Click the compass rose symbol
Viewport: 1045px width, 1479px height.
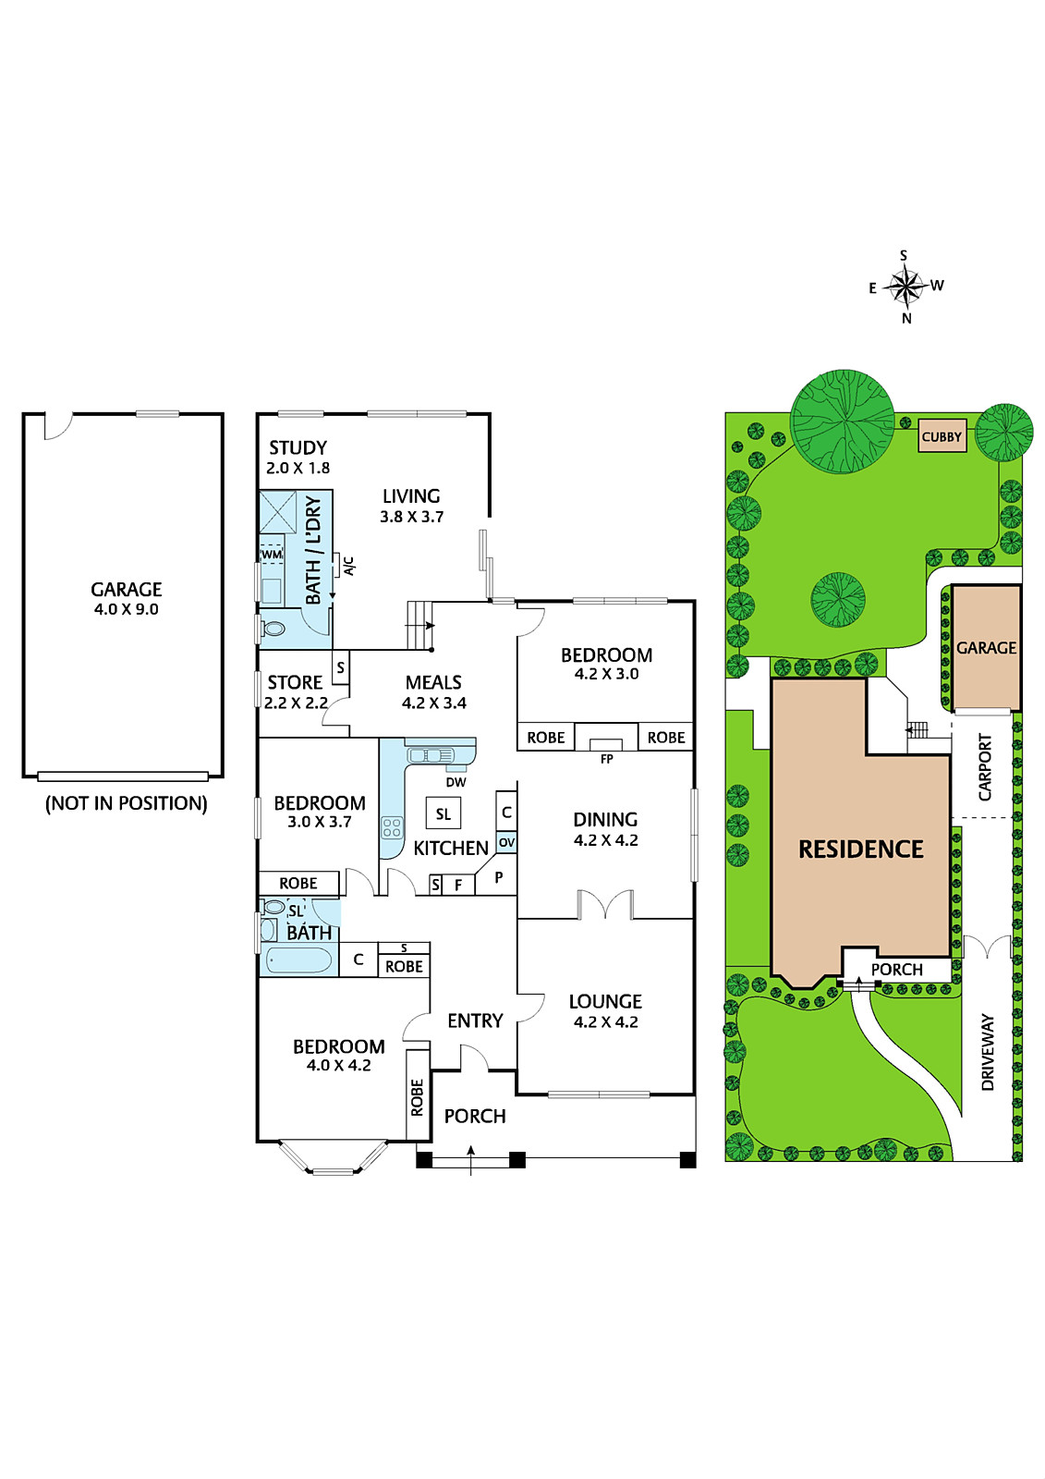pyautogui.click(x=905, y=287)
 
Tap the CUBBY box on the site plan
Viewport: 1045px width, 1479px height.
pyautogui.click(x=942, y=435)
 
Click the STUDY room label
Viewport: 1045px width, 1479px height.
pyautogui.click(x=298, y=447)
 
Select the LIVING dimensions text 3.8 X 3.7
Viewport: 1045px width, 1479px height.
pyautogui.click(x=411, y=517)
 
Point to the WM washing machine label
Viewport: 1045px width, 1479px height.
pyautogui.click(x=272, y=555)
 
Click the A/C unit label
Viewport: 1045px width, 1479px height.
pyautogui.click(x=349, y=566)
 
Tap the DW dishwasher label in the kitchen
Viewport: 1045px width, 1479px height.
pyautogui.click(x=456, y=782)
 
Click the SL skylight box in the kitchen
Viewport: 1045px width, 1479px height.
pyautogui.click(x=444, y=814)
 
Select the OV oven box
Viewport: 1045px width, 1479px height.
pyautogui.click(x=506, y=842)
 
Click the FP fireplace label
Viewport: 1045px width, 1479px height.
pyautogui.click(x=607, y=759)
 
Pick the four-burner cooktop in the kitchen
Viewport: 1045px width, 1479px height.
pyautogui.click(x=392, y=828)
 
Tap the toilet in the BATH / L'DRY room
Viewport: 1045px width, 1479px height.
pyautogui.click(x=272, y=629)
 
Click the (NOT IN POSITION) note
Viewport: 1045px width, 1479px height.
pyautogui.click(x=126, y=803)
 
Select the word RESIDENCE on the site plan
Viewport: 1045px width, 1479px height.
pyautogui.click(x=861, y=850)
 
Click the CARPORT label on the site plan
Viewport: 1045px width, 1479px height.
pyautogui.click(x=985, y=767)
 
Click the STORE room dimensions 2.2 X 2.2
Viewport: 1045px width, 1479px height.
pyautogui.click(x=296, y=703)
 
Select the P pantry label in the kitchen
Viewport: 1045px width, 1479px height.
pyautogui.click(x=498, y=877)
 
